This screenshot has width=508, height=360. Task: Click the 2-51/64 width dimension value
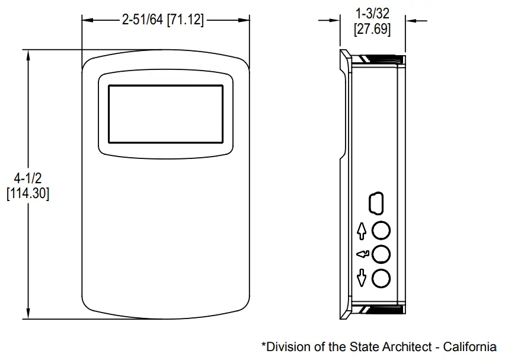coord(142,20)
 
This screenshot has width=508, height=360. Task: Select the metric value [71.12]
coord(186,20)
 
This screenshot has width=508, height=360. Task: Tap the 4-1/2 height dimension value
coord(27,179)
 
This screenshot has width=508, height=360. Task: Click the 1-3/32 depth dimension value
coord(372,14)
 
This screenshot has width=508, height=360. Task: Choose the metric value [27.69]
coord(372,29)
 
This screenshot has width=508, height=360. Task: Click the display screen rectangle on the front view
coord(165,113)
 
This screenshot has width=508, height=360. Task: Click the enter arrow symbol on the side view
coord(362,254)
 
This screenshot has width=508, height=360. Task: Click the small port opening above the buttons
coord(376,203)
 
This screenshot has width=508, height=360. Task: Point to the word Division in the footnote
coord(285,347)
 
